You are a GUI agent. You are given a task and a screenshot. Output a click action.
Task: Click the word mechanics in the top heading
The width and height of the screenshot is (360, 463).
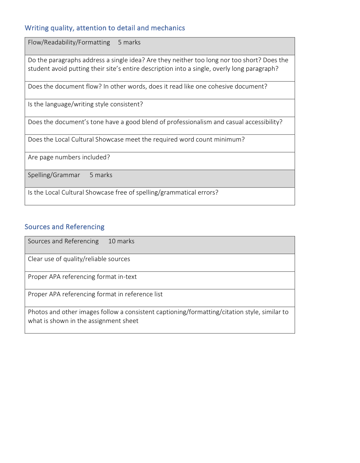tap(168, 28)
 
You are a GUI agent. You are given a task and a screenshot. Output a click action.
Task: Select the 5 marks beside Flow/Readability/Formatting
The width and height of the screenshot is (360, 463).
tap(129, 42)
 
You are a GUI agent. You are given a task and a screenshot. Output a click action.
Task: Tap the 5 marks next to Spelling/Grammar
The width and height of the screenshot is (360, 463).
tap(101, 175)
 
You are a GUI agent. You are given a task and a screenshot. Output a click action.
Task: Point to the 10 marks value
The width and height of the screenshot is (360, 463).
tap(121, 241)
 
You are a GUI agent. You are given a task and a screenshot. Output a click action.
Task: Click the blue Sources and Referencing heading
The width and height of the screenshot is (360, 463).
tap(64, 227)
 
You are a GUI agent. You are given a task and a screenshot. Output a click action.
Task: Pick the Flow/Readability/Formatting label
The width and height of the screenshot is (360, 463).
tap(69, 42)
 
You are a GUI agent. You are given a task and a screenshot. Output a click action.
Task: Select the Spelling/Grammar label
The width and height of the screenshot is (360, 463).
tap(54, 175)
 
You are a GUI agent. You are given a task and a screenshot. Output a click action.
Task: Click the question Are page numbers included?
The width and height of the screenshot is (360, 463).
tap(69, 157)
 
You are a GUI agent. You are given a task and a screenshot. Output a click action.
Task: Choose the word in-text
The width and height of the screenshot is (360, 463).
tap(127, 277)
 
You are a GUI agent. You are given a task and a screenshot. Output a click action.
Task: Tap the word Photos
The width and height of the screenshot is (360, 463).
tap(38, 312)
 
